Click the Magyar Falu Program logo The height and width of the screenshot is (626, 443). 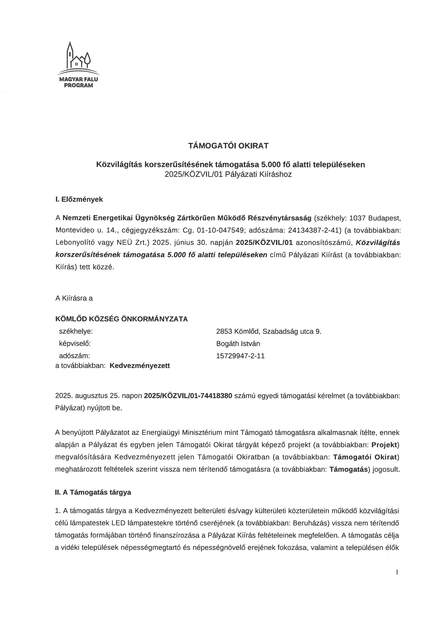[78, 65]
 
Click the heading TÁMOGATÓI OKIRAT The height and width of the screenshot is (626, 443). [228, 146]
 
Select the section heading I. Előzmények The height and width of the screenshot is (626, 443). [79, 199]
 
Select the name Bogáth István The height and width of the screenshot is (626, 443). [238, 344]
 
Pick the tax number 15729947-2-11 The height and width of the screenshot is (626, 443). [240, 356]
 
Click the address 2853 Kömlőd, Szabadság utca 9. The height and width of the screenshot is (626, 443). [269, 331]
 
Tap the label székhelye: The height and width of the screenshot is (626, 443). [76, 331]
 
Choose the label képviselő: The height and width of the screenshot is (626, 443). [75, 344]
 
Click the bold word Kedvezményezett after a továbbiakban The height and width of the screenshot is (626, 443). [140, 366]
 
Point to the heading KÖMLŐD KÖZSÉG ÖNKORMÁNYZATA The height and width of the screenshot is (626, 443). [121, 319]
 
